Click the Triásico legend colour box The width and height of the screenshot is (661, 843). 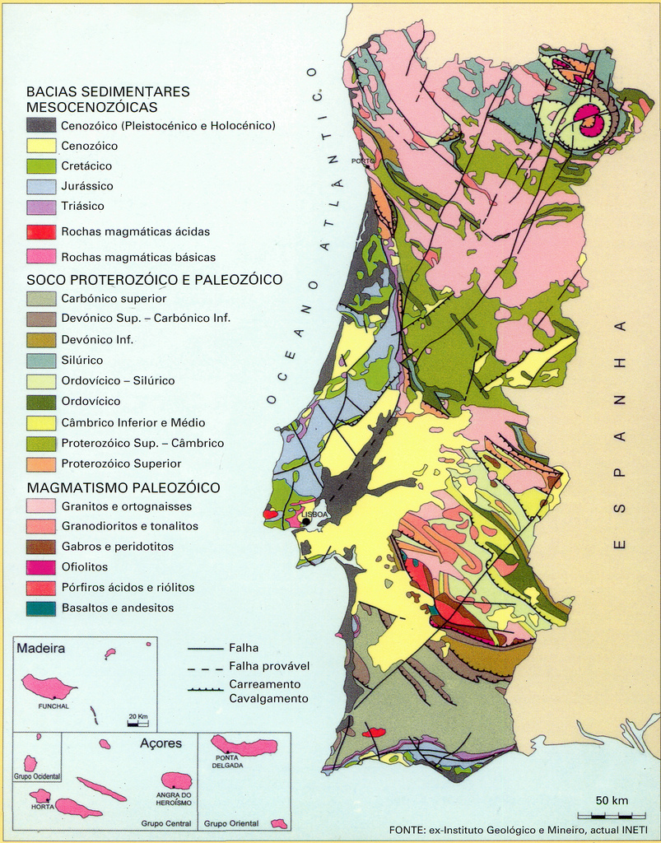tap(41, 207)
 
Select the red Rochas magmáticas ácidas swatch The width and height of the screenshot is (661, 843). tap(41, 232)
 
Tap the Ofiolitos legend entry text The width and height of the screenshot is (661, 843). tap(85, 567)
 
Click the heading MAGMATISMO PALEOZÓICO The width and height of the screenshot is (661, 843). tap(123, 488)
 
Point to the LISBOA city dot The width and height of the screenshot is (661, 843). tap(306, 522)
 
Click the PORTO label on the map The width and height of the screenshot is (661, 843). tap(362, 161)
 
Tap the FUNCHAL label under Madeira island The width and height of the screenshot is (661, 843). tap(53, 706)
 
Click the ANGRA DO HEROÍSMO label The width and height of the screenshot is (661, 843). tap(175, 799)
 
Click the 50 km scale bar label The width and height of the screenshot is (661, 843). tap(612, 800)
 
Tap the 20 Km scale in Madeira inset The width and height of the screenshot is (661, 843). tap(138, 717)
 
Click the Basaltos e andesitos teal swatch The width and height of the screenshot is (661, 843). tap(41, 608)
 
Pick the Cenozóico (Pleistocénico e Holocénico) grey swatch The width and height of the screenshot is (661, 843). tap(41, 126)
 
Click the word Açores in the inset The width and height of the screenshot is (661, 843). tap(161, 743)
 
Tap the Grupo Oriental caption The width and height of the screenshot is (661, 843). tap(230, 823)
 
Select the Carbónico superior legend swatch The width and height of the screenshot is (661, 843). tap(41, 299)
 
